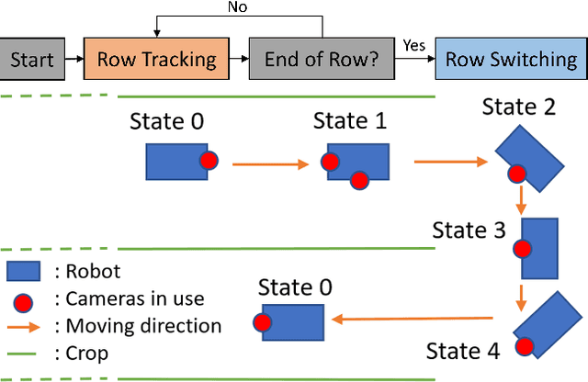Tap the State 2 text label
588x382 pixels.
519,107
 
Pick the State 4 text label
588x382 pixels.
464,351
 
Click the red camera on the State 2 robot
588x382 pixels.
517,171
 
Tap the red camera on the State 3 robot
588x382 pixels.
523,248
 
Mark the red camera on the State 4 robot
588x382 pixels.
524,346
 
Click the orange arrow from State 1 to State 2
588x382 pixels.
450,162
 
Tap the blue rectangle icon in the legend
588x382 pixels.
25,272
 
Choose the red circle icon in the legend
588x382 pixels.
25,299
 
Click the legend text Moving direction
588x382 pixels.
138,326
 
